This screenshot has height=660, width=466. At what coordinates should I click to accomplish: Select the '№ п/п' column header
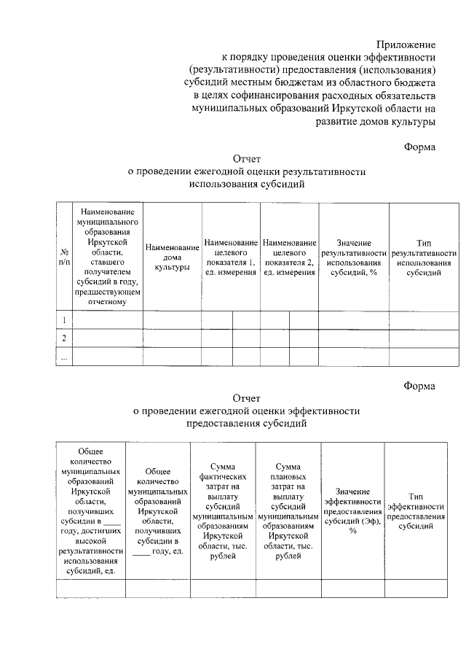coord(64,256)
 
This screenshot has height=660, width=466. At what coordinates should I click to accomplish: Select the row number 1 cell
coord(64,320)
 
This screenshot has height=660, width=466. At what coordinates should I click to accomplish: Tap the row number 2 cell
coord(64,338)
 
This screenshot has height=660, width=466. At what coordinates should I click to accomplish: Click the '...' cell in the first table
coord(64,357)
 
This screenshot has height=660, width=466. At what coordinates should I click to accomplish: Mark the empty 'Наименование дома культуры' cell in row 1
coord(172,320)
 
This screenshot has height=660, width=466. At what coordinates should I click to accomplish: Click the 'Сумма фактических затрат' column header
coord(222,510)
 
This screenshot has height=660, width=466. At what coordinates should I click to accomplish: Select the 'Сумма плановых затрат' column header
coord(289,510)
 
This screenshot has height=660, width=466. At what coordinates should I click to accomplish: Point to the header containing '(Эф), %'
coord(352,510)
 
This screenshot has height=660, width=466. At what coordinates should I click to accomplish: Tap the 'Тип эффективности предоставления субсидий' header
coord(416,510)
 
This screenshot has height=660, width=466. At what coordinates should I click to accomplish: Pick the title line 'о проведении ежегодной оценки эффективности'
coord(246,411)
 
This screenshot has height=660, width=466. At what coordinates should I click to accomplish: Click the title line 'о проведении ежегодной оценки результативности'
coord(246,171)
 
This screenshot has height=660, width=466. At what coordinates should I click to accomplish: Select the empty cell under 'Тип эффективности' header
coord(416,588)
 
